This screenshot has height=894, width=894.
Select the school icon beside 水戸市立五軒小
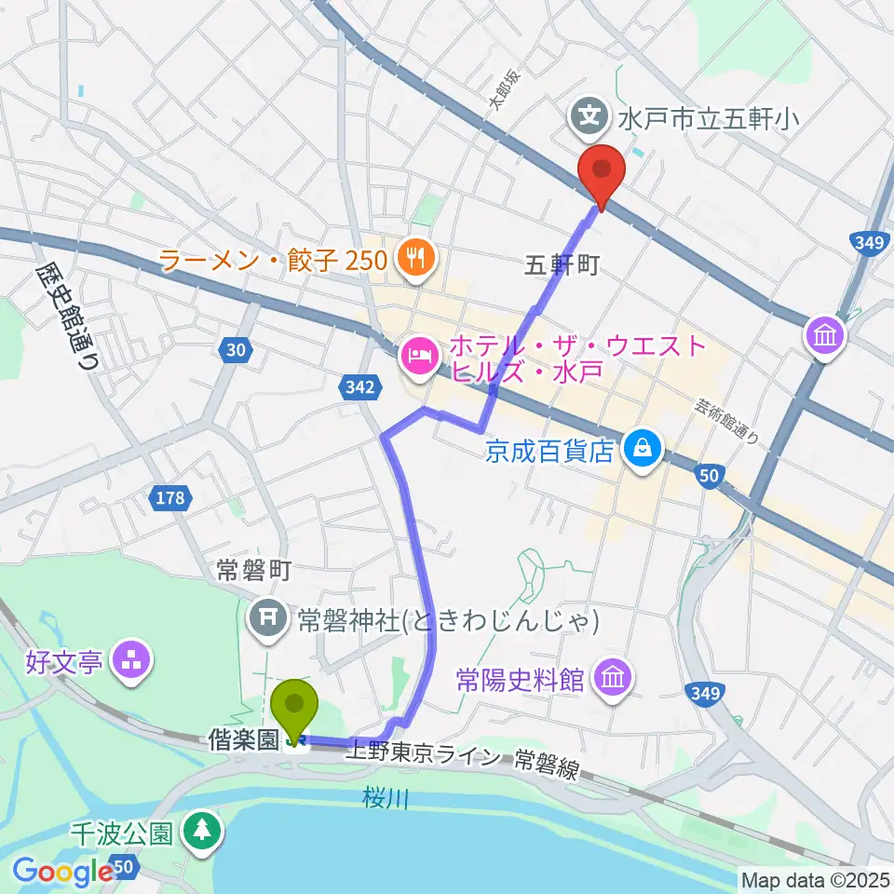[589, 117]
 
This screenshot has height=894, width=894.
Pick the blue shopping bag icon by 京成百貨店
[643, 451]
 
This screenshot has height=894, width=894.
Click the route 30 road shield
[237, 350]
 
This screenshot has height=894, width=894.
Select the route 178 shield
[170, 499]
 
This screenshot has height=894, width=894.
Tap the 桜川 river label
[383, 798]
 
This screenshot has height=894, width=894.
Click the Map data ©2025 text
[816, 879]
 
